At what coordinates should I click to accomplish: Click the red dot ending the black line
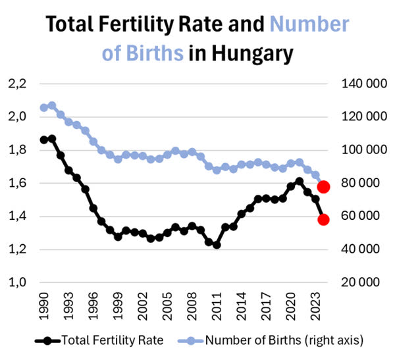tap(323, 219)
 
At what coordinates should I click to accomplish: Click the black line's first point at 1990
tap(44, 140)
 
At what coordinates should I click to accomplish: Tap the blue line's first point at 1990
tap(44, 107)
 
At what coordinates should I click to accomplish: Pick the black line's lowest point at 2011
tap(217, 244)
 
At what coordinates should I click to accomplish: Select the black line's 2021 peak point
tap(300, 181)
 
